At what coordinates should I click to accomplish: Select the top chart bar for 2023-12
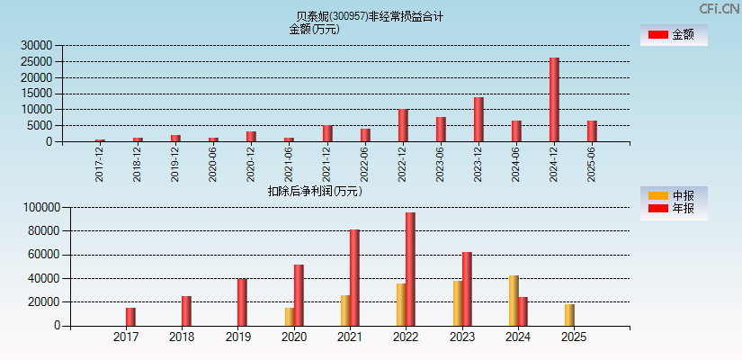coord(478,119)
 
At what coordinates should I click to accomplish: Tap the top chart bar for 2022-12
coord(403,125)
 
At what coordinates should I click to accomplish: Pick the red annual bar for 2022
coord(410,269)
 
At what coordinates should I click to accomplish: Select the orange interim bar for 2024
coord(513,301)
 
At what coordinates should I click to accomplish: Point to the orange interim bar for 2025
coord(568,315)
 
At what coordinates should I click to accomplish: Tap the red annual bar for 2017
coord(130,317)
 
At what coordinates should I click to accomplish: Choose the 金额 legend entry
coord(672,34)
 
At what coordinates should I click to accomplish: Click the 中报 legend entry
coord(672,195)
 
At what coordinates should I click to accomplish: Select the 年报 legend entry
coord(672,209)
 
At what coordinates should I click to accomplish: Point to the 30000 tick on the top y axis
coord(37,45)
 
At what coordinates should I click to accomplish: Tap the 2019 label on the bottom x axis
coord(237,337)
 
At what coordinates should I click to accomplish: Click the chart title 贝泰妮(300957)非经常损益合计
coord(370,16)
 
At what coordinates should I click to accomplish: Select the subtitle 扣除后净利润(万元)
coord(315,191)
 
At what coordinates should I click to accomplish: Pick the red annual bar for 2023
coord(467,289)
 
